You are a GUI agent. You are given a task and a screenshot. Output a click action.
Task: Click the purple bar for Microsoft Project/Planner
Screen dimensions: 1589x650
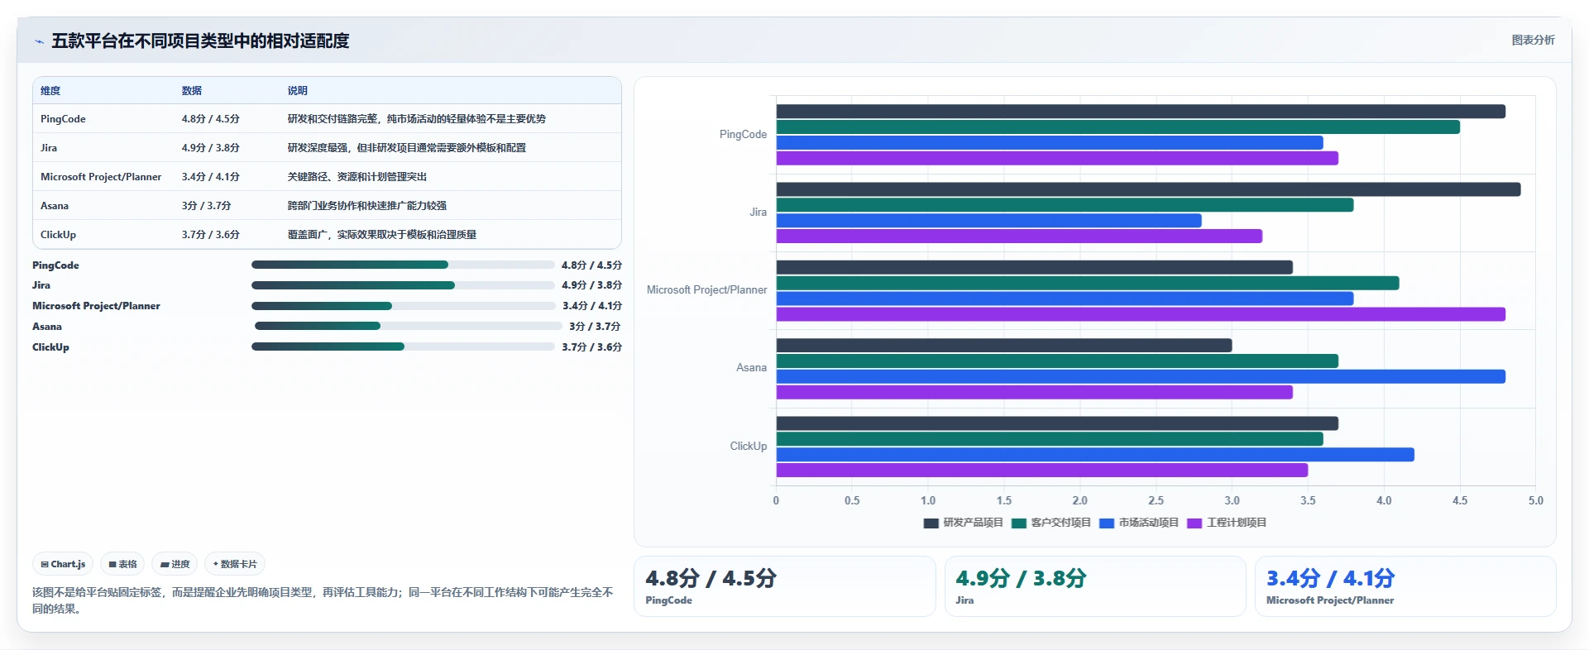pyautogui.click(x=1141, y=314)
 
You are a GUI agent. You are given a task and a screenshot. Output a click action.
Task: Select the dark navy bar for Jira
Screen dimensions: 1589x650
pyautogui.click(x=1148, y=189)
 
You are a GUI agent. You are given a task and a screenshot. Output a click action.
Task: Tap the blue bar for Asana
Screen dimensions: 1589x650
pyautogui.click(x=1141, y=376)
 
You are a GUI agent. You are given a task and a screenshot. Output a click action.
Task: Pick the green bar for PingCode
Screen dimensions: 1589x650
pyautogui.click(x=1118, y=127)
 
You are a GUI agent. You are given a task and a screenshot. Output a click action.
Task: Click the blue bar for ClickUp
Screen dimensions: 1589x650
pyautogui.click(x=1095, y=455)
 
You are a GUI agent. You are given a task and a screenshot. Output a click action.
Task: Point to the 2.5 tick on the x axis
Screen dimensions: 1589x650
pyautogui.click(x=1156, y=500)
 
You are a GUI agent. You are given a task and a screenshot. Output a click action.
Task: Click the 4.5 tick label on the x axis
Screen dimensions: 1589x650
pyautogui.click(x=1460, y=500)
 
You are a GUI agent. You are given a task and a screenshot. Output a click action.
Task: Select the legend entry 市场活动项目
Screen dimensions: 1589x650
pyautogui.click(x=1139, y=523)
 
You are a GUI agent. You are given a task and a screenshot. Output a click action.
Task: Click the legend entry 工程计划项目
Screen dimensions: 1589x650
pyautogui.click(x=1227, y=523)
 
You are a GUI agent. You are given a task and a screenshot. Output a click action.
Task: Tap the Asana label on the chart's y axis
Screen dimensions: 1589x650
pyautogui.click(x=751, y=368)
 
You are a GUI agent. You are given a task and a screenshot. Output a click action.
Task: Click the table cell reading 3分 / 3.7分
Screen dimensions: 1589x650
pyautogui.click(x=207, y=206)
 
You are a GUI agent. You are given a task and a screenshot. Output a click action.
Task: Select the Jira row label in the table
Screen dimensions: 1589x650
pyautogui.click(x=49, y=148)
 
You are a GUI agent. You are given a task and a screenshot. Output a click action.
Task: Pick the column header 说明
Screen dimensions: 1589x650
pyautogui.click(x=298, y=91)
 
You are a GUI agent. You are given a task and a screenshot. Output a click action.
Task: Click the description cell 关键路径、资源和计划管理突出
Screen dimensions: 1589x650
pyautogui.click(x=357, y=177)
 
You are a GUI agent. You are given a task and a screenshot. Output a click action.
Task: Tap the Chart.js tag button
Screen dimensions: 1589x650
pyautogui.click(x=63, y=564)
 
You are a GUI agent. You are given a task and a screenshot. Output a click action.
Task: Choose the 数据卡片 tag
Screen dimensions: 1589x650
pyautogui.click(x=235, y=564)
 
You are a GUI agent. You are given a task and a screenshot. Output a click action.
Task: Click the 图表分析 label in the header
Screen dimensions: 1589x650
pyautogui.click(x=1533, y=40)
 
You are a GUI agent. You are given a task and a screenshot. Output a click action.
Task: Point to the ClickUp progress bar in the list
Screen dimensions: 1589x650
pyautogui.click(x=403, y=347)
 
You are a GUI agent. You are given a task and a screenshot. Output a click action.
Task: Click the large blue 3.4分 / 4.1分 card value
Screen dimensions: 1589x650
pyautogui.click(x=1330, y=578)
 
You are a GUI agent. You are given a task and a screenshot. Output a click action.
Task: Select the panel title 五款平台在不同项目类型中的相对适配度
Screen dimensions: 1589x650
pyautogui.click(x=200, y=41)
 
